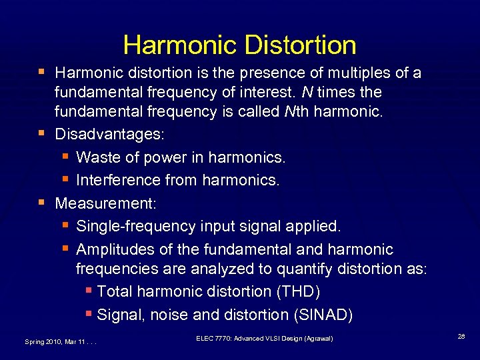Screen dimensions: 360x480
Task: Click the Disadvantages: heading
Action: [109, 134]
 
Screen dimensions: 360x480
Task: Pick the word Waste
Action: [97, 157]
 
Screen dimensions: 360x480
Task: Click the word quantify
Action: [324, 269]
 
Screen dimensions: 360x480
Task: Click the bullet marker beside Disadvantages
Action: [43, 133]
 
